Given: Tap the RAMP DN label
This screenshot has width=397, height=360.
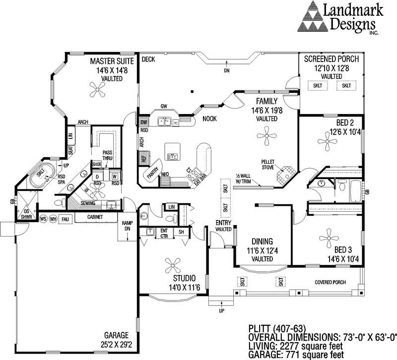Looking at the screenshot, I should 127,226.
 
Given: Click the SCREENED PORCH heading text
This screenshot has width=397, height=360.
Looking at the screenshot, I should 331,59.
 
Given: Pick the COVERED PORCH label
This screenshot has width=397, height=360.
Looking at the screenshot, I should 330,282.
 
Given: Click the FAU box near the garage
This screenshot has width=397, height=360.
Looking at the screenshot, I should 65,219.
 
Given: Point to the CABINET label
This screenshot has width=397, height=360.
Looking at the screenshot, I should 95,217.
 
